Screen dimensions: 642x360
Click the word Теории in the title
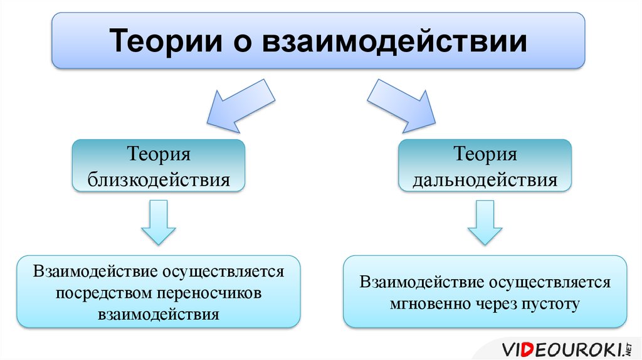coord(166,41)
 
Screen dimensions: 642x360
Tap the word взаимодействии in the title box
coord(394,42)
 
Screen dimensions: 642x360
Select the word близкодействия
coord(159,180)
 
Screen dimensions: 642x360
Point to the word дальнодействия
coord(485,180)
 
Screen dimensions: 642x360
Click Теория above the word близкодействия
coord(159,155)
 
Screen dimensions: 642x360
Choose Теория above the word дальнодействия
coord(485,155)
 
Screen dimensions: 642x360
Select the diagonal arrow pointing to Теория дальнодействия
coord(401,106)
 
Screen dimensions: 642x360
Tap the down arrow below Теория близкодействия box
coord(159,223)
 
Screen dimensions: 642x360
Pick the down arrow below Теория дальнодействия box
coord(485,223)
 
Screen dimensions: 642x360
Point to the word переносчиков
coord(209,294)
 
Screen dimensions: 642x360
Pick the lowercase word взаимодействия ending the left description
coord(159,315)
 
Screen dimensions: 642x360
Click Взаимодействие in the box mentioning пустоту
coord(421,282)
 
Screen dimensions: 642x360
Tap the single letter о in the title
coord(243,43)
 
